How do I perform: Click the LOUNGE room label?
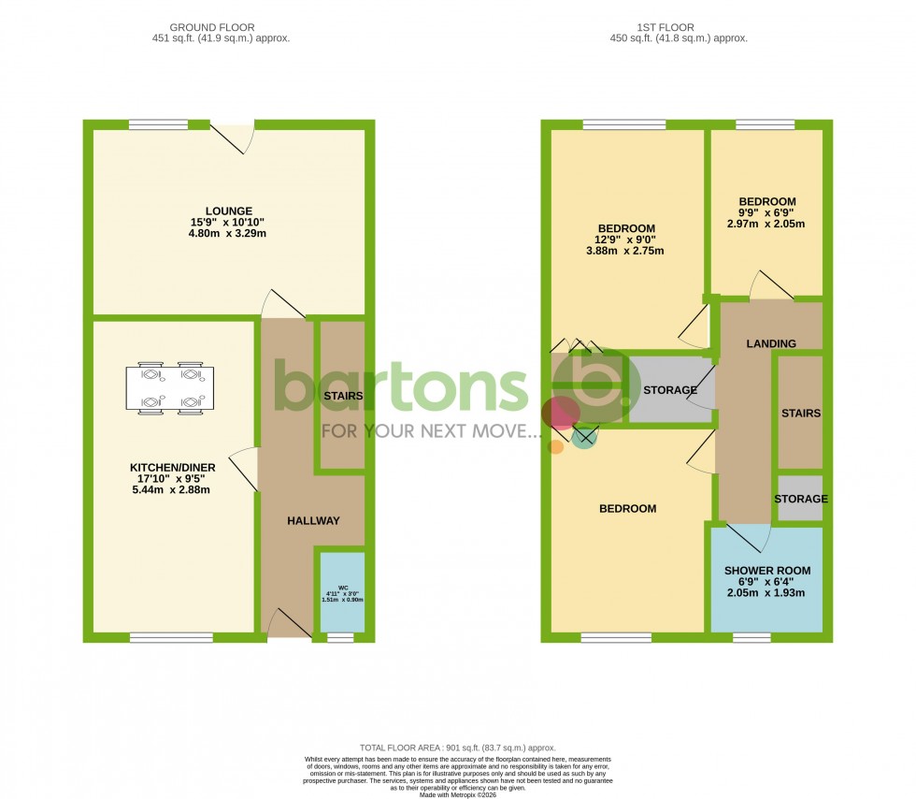(229, 211)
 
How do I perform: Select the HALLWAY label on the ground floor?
(313, 521)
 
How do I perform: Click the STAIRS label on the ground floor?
(342, 396)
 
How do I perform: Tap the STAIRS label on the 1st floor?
(801, 414)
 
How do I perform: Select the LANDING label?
(771, 343)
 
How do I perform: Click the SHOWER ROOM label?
(767, 571)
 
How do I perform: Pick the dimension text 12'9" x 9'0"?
(626, 240)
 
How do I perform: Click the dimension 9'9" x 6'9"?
(766, 212)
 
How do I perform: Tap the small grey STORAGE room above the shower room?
(800, 499)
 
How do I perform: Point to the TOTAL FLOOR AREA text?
(457, 748)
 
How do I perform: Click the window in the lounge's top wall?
(158, 124)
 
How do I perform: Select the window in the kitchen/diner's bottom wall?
(165, 638)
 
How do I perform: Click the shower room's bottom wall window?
(751, 638)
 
